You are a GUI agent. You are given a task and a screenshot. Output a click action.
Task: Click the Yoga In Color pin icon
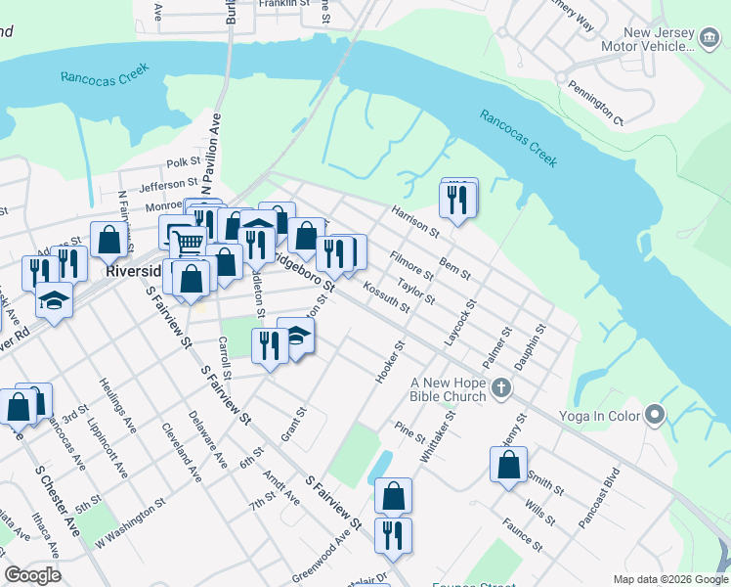tap(655, 416)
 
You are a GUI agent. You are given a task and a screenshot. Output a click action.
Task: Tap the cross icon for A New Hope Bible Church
tap(501, 387)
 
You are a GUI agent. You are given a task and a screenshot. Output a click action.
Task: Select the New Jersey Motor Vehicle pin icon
tap(708, 40)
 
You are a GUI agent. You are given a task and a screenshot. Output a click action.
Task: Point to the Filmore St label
tap(410, 265)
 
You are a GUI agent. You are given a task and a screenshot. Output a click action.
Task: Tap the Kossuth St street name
tap(386, 294)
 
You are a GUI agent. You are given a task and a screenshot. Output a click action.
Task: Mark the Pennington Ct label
tap(596, 103)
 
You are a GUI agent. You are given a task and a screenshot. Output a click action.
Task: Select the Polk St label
tap(183, 162)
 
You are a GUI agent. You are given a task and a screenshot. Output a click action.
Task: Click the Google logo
tap(32, 575)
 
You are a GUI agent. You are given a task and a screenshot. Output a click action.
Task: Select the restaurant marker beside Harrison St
tap(457, 199)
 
